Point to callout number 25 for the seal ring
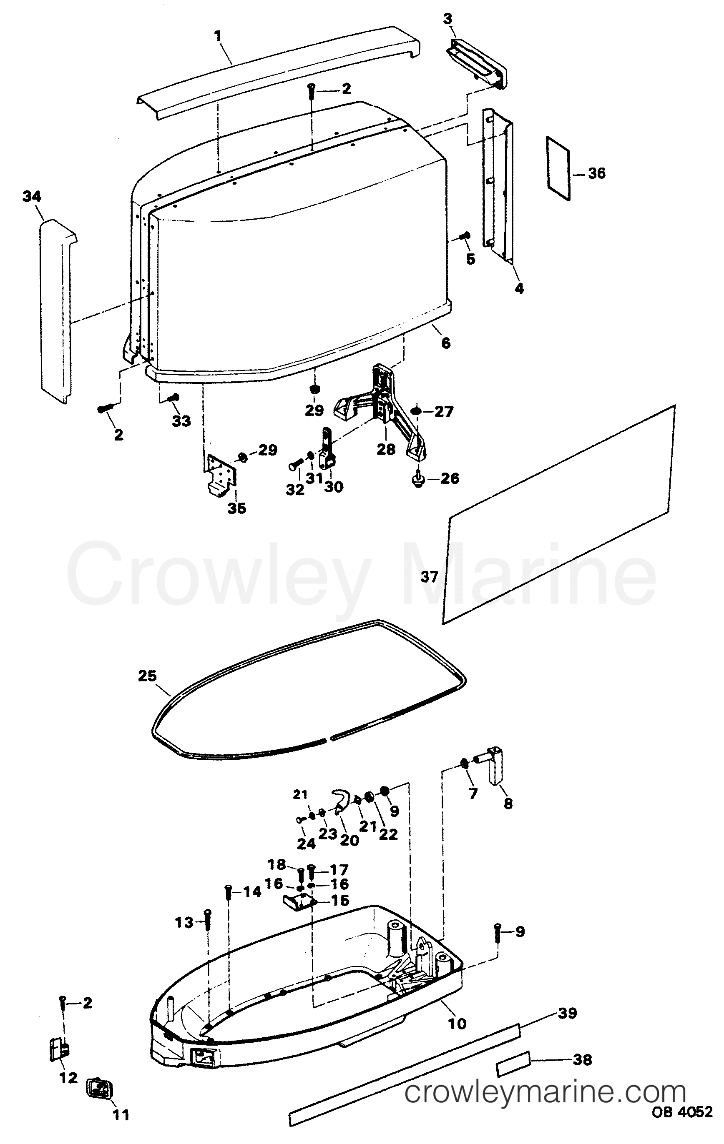tap(147, 676)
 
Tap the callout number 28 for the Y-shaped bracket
tap(386, 449)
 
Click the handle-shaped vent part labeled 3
tap(477, 61)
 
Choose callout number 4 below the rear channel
tap(519, 288)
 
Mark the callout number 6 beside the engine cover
tap(445, 343)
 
